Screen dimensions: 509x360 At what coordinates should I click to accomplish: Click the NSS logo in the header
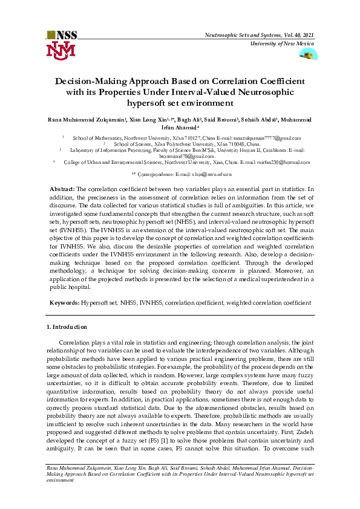(x=61, y=35)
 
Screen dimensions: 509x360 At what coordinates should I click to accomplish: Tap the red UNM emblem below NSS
(x=61, y=50)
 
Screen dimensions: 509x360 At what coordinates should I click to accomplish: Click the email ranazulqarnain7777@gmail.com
(x=266, y=138)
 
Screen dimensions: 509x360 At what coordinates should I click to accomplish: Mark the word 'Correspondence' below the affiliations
(x=157, y=174)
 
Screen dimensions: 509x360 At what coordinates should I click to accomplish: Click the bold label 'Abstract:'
(x=62, y=189)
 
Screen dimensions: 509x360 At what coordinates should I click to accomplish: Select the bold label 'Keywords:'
(x=64, y=302)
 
